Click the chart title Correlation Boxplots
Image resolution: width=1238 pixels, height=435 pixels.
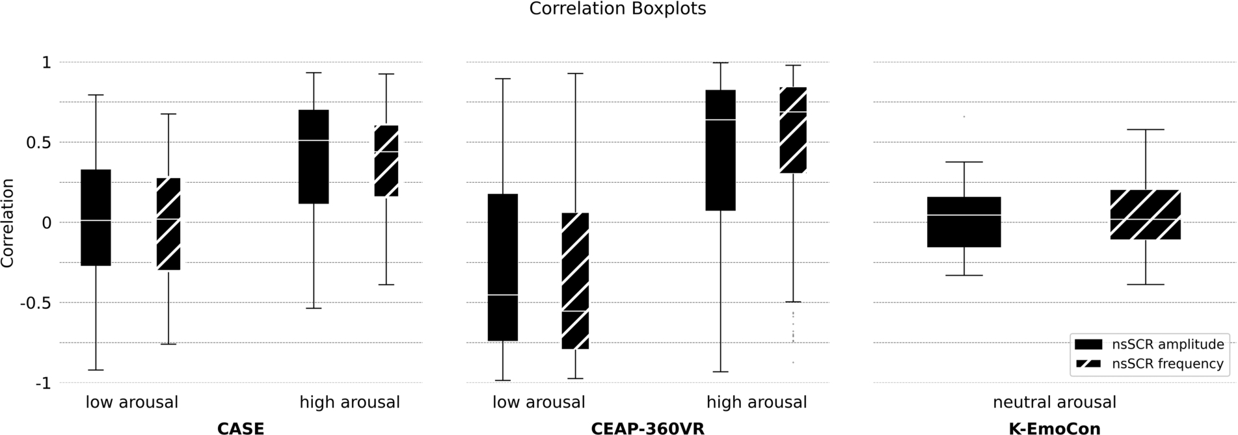(617, 9)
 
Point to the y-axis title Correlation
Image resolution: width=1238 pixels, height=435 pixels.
(8, 223)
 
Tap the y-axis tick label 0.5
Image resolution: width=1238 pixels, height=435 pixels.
(37, 142)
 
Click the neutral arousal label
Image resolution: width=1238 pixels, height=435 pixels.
(1055, 402)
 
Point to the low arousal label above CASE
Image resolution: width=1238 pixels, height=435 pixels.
(132, 402)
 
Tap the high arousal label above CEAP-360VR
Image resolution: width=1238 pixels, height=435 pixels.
(757, 402)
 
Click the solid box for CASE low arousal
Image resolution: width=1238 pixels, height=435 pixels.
(96, 218)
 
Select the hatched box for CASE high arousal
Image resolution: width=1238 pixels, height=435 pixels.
(386, 161)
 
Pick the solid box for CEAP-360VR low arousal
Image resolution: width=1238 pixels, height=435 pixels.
(503, 267)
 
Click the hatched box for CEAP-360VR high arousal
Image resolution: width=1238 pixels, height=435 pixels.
(793, 130)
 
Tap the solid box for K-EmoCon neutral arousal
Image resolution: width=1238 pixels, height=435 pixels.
(963, 222)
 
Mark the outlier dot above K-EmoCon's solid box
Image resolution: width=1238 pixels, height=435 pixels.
(963, 116)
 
